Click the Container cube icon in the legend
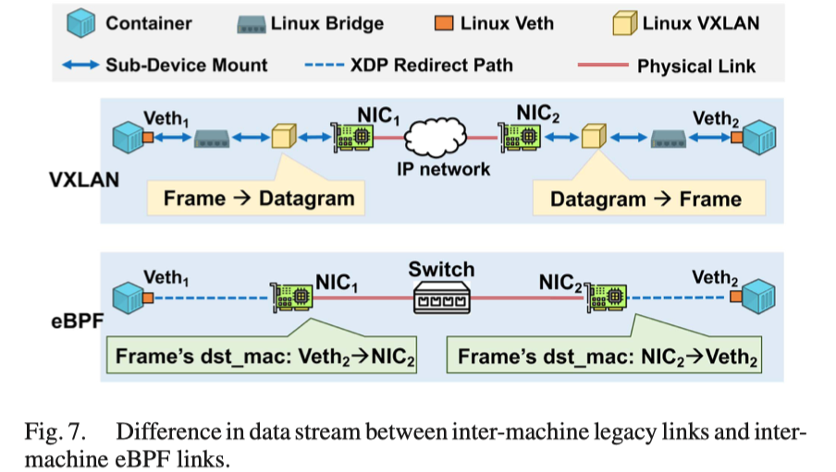click(84, 23)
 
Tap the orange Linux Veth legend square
click(446, 23)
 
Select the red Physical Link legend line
click(601, 66)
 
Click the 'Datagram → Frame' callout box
click(645, 198)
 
